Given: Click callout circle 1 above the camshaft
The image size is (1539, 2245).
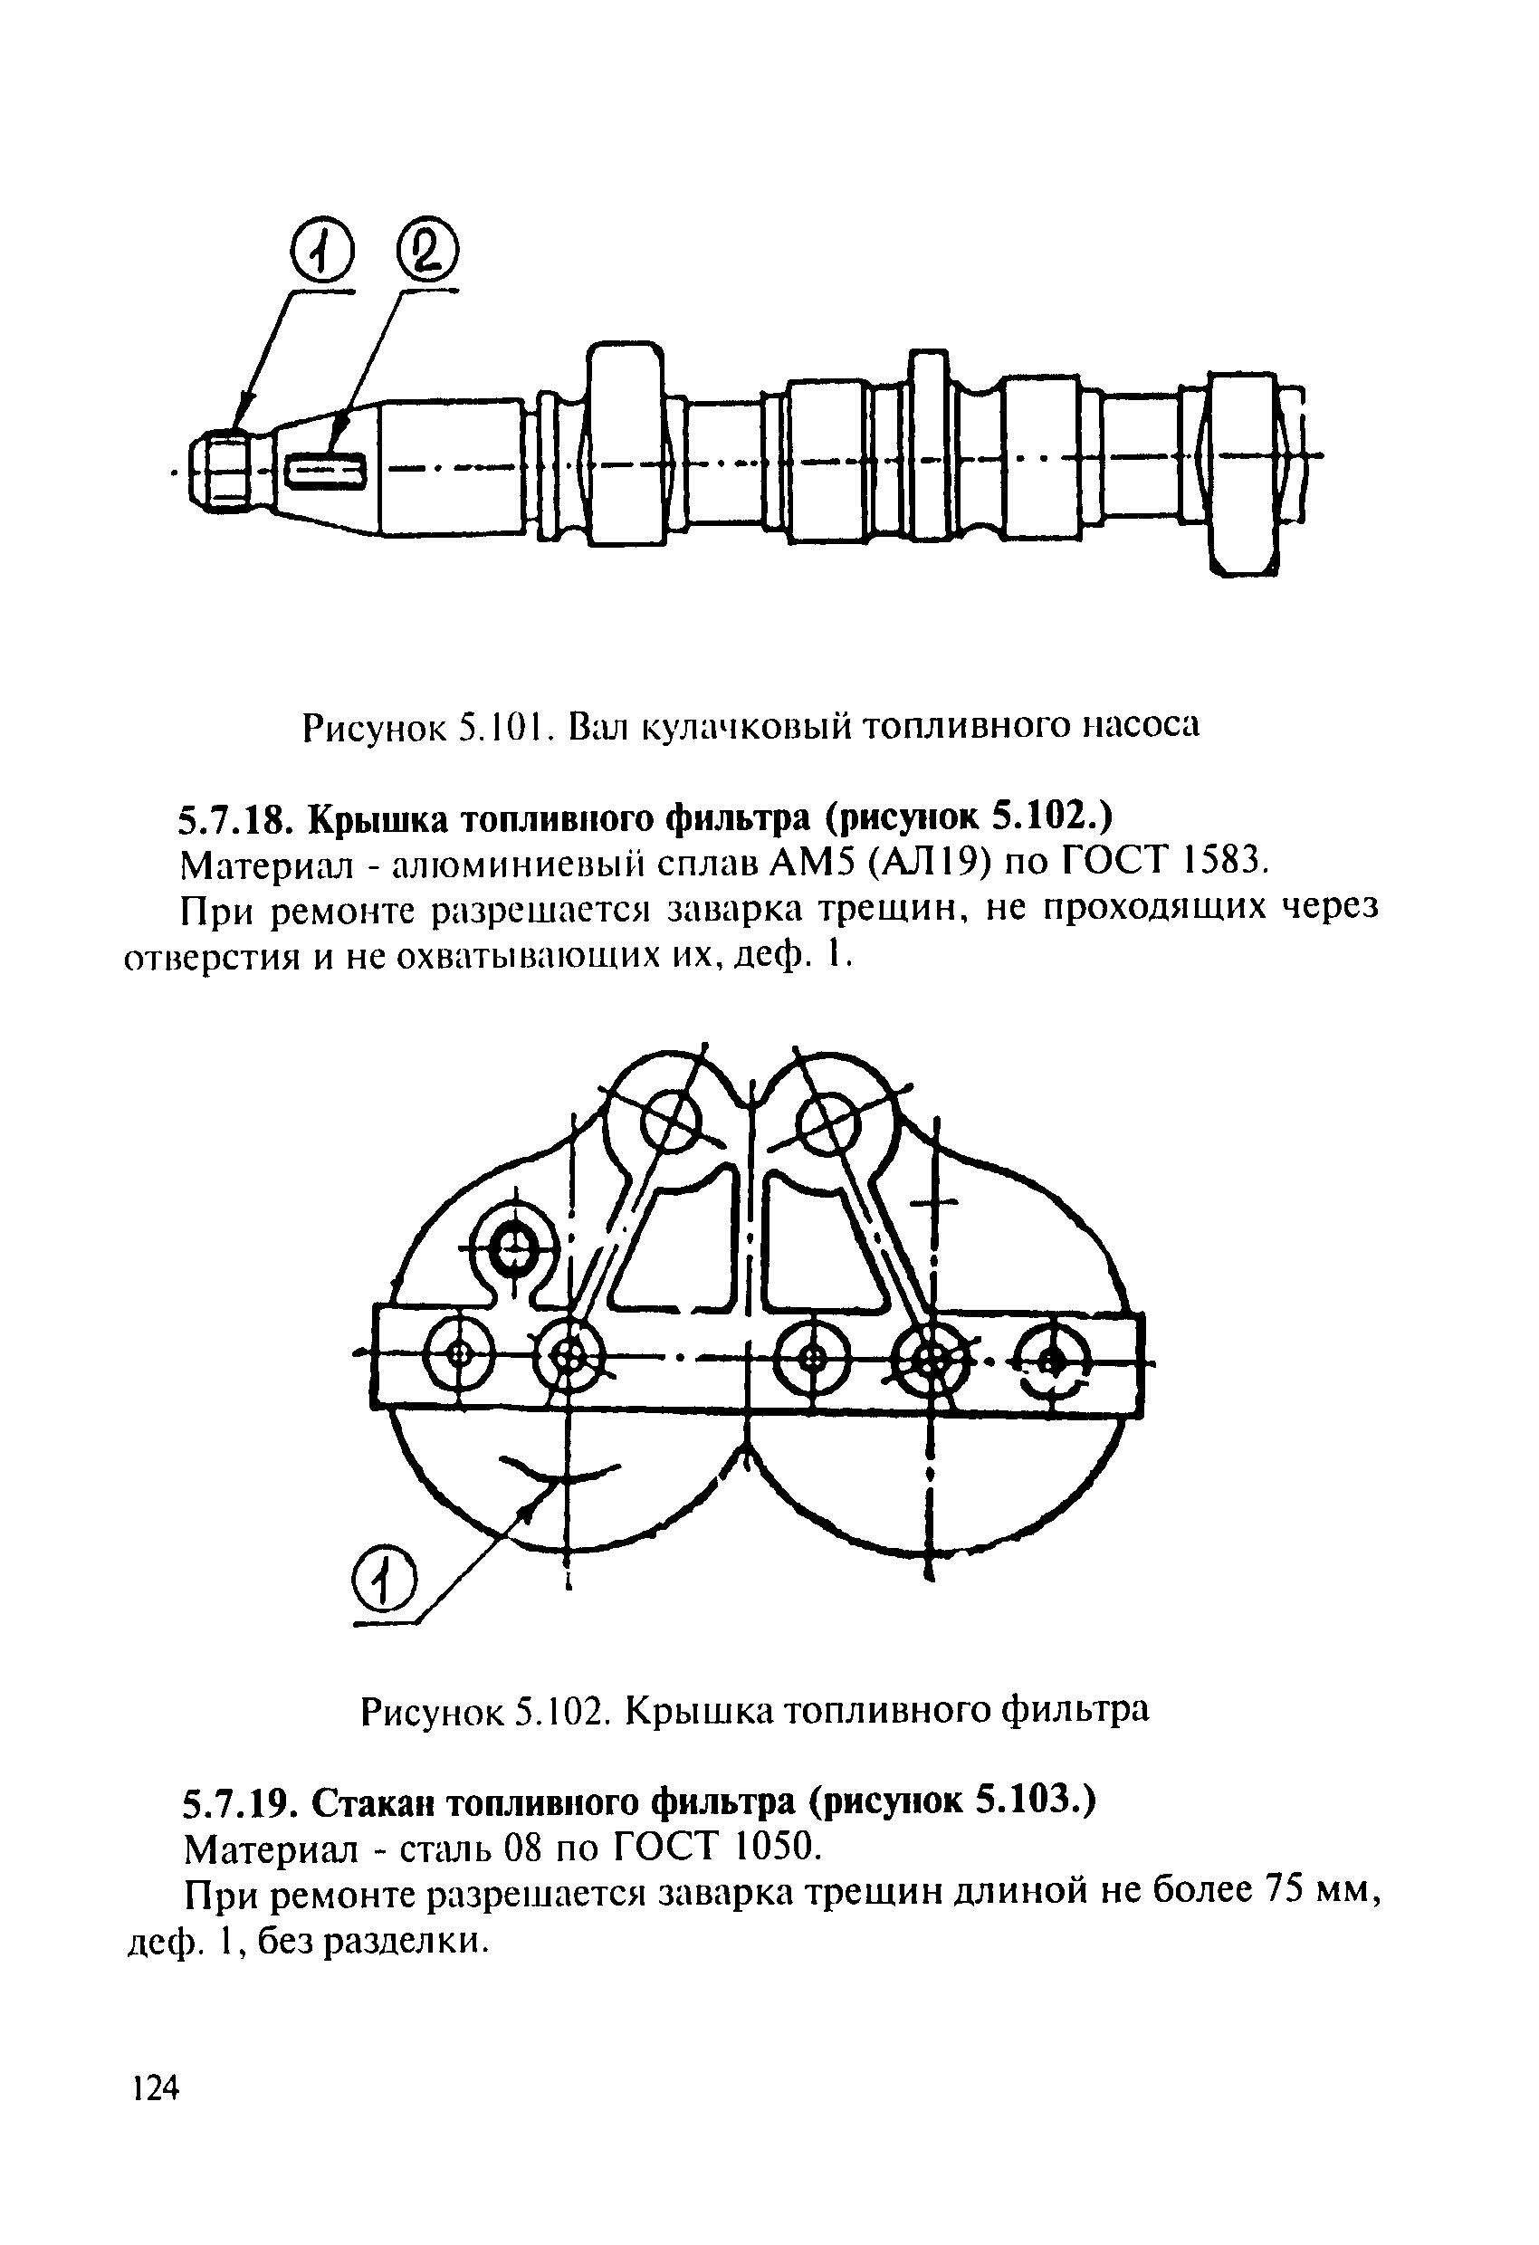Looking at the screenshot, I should click(322, 255).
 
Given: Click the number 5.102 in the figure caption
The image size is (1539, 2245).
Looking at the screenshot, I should click(561, 1711).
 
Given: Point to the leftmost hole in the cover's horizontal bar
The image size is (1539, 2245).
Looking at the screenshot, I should click(459, 1353).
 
